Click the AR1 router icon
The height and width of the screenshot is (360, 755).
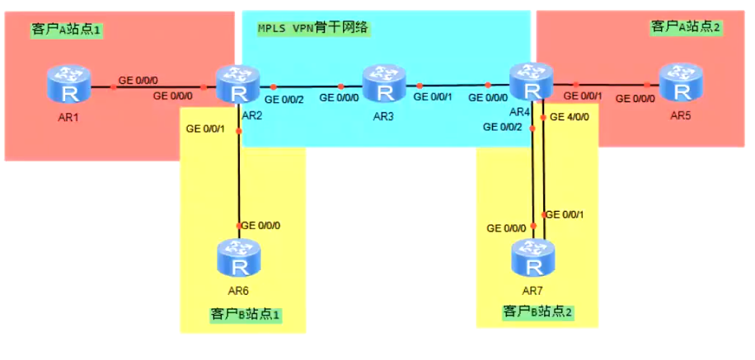pos(66,85)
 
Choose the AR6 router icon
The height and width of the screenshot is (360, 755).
pos(239,259)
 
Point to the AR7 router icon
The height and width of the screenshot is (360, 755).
pos(532,259)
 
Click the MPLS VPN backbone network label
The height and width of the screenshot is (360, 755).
pos(312,27)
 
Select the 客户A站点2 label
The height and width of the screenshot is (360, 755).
pos(687,27)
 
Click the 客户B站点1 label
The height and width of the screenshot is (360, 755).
pos(245,314)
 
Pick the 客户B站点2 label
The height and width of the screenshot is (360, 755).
pos(537,312)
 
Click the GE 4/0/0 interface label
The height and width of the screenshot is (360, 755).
pos(570,117)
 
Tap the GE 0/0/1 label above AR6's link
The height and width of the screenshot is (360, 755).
pos(206,129)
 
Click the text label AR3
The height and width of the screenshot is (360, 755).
pos(383,116)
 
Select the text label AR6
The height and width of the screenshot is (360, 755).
pos(239,291)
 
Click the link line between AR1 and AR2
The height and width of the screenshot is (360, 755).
pos(157,86)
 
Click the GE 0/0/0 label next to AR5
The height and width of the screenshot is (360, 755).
pos(637,98)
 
